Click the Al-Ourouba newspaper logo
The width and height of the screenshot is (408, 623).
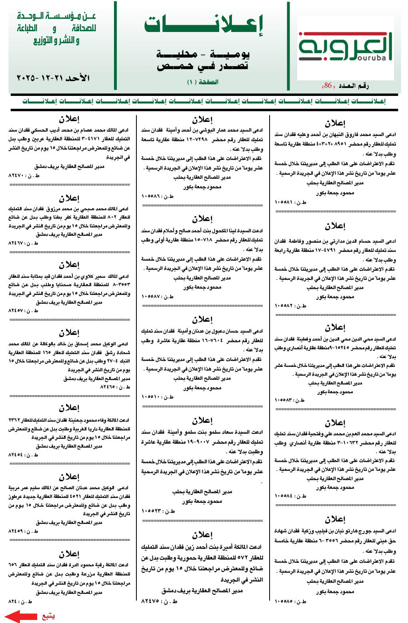pos(345,47)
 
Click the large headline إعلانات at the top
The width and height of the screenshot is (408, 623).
pos(204,25)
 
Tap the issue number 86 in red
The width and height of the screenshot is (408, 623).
pos(328,86)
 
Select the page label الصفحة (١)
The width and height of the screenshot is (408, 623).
pos(203,82)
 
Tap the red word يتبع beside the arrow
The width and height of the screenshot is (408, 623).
pos(48,616)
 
